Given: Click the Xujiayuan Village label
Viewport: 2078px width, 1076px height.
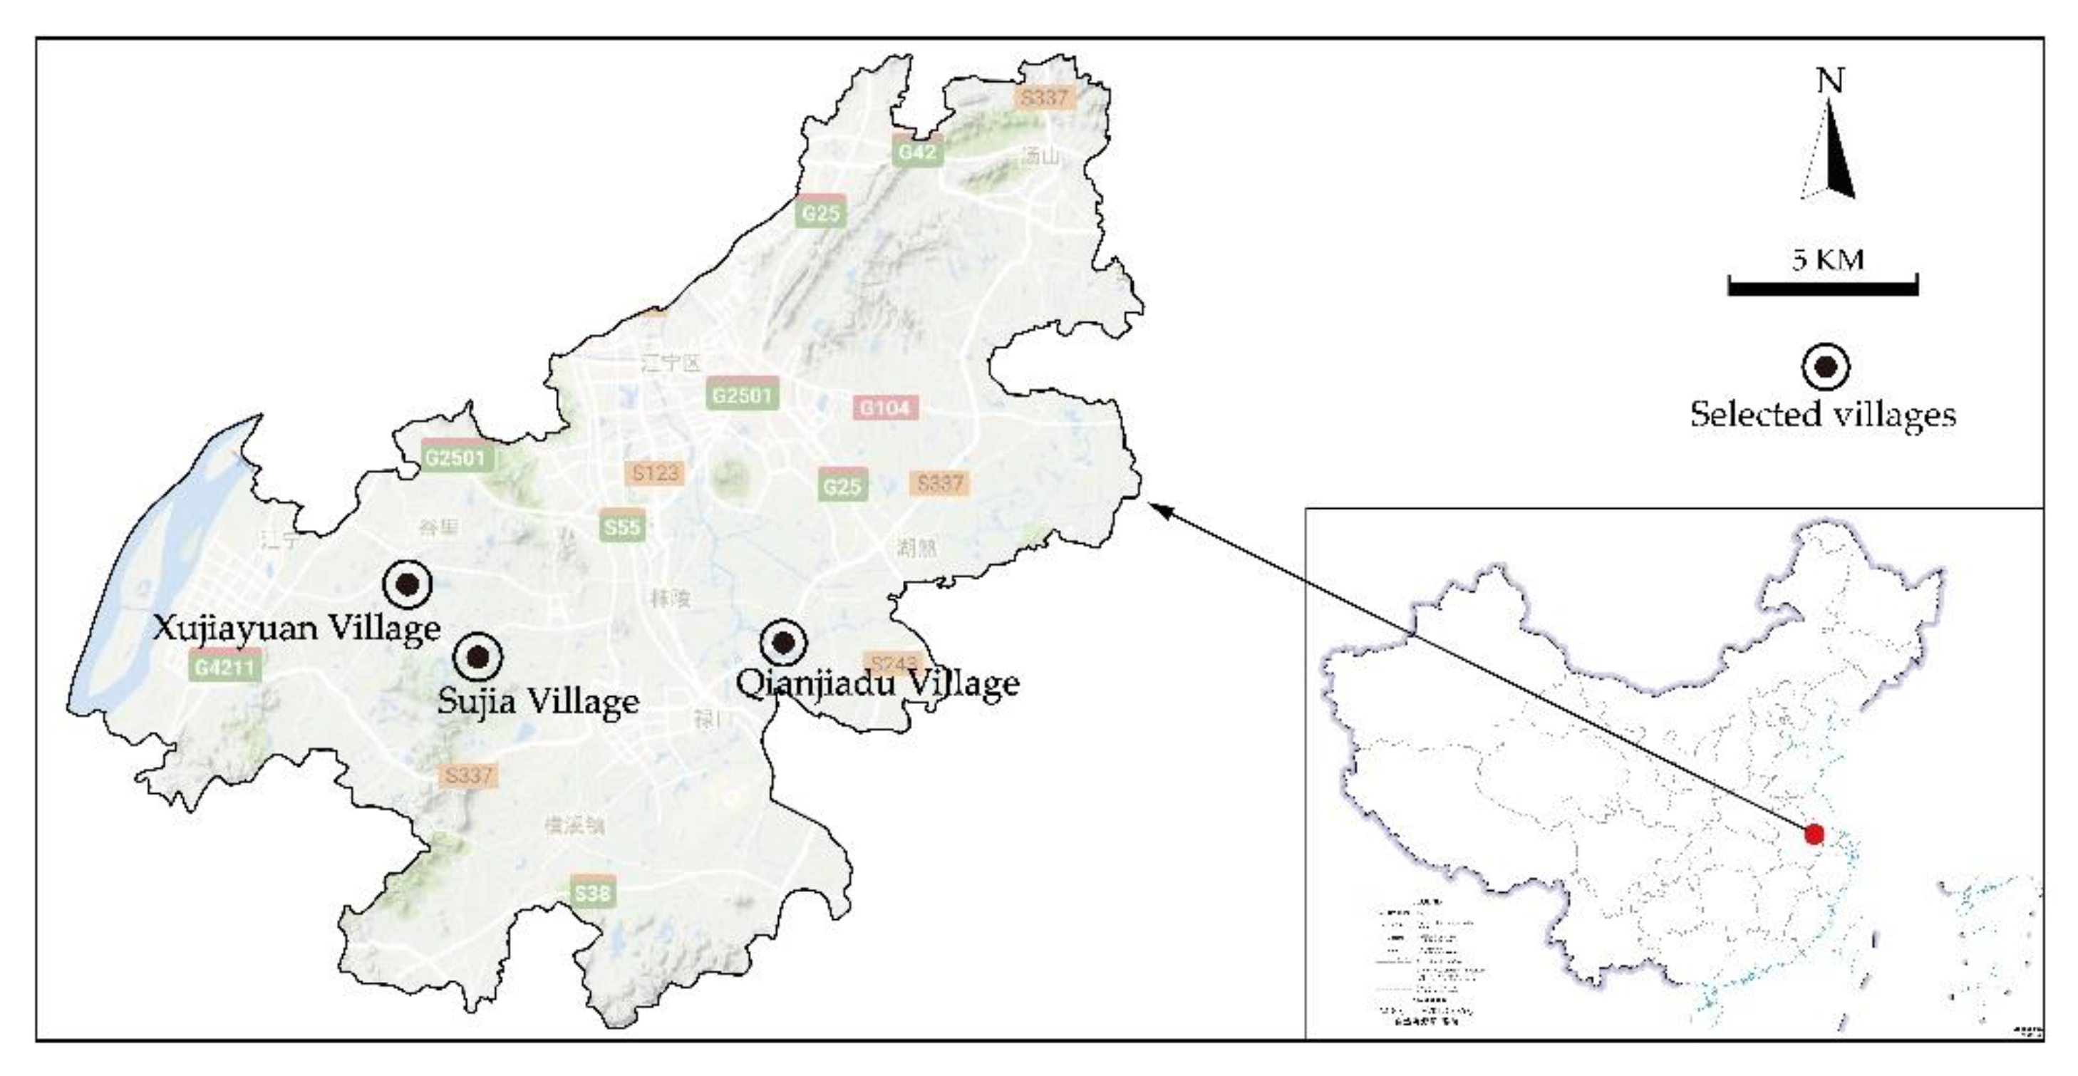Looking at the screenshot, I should [297, 628].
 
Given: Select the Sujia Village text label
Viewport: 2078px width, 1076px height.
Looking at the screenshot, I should [538, 700].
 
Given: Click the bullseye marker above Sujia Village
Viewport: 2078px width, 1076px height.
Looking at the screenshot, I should [477, 656].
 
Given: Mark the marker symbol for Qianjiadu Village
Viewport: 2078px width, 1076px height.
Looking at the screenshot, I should [783, 643].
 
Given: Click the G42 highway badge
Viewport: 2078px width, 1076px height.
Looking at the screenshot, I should [917, 152].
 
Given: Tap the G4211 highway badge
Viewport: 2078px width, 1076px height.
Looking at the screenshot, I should [225, 667].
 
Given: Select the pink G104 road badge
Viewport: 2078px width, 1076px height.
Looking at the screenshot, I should [885, 408].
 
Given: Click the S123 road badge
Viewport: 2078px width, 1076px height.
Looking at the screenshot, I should [655, 472].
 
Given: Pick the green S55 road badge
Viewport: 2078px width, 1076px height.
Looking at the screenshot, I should [621, 527].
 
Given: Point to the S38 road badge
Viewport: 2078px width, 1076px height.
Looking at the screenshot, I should [593, 893].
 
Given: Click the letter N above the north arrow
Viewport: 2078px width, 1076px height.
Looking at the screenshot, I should [1829, 81].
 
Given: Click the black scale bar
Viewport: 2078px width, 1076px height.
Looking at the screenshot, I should [1822, 287].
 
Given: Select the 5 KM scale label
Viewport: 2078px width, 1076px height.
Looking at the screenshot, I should [1828, 259].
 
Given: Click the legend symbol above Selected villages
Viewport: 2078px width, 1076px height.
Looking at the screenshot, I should [1826, 367].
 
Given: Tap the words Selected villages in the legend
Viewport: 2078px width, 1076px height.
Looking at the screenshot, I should [1823, 414].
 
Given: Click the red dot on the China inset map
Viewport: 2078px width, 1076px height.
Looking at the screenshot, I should [1814, 834].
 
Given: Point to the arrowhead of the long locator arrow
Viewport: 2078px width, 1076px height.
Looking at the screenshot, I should [1155, 507].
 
